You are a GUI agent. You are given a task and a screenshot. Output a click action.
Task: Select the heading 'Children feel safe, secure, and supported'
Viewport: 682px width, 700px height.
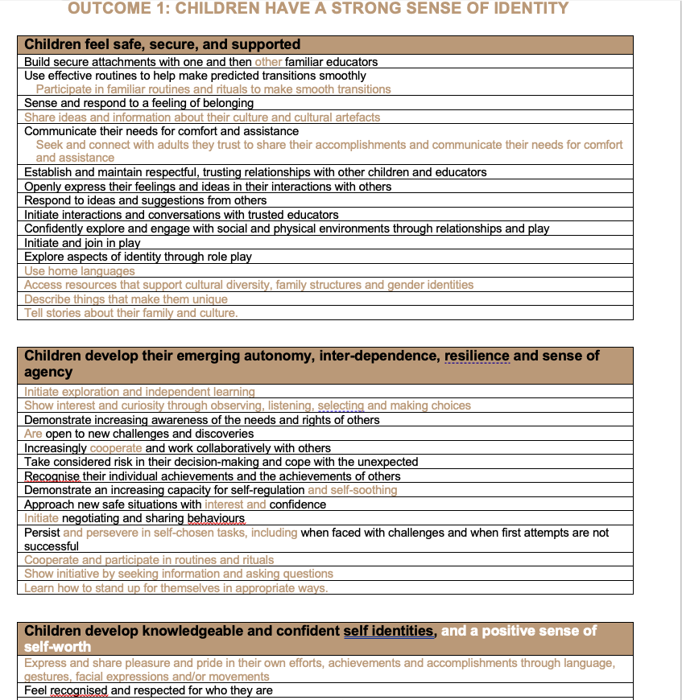162,45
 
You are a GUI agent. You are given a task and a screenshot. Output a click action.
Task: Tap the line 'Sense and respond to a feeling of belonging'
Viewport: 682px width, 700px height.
138,103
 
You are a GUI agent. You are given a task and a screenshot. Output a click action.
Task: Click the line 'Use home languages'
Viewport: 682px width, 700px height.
79,271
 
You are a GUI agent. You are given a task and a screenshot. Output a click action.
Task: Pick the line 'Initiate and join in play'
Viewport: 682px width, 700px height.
82,243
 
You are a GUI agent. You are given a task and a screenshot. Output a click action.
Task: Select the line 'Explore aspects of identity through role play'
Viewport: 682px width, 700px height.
138,257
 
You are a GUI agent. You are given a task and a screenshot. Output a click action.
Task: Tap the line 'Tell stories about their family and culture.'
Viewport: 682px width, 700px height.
130,313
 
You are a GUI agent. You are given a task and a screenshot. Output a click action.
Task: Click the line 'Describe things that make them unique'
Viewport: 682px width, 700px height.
125,299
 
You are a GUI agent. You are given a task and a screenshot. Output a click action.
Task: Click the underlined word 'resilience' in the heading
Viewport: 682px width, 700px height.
477,356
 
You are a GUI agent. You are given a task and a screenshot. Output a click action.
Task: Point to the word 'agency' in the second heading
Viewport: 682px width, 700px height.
48,373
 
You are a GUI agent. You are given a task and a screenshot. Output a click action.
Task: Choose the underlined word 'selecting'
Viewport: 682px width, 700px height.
341,406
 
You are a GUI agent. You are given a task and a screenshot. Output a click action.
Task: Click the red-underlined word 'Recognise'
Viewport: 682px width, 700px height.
52,476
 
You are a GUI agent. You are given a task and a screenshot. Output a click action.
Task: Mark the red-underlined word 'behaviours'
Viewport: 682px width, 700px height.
215,519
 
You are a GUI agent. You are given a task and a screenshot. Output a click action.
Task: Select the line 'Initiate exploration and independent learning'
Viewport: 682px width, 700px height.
139,392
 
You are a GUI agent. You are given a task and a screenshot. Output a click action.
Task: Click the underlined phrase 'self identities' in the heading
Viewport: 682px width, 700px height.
388,632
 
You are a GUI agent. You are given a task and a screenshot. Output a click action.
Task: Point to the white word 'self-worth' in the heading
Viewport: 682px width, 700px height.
57,647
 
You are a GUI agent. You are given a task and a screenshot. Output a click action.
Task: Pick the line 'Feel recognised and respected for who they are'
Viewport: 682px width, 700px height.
148,690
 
